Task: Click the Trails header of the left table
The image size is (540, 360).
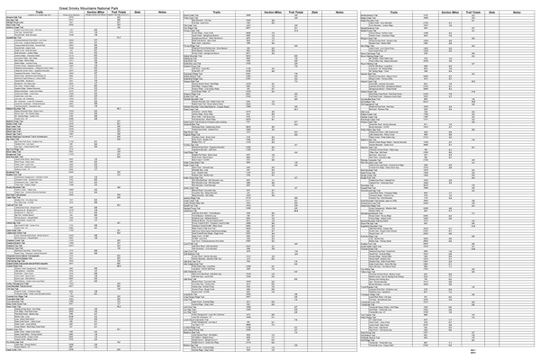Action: click(x=38, y=12)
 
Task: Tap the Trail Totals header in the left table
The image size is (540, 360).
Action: click(x=119, y=12)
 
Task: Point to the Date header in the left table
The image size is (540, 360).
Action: click(x=138, y=12)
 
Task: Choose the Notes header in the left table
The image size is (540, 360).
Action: click(x=162, y=12)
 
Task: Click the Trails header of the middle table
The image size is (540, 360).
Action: click(x=217, y=12)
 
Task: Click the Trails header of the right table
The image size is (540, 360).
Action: click(x=394, y=12)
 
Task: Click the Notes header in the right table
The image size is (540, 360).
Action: click(x=517, y=12)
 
